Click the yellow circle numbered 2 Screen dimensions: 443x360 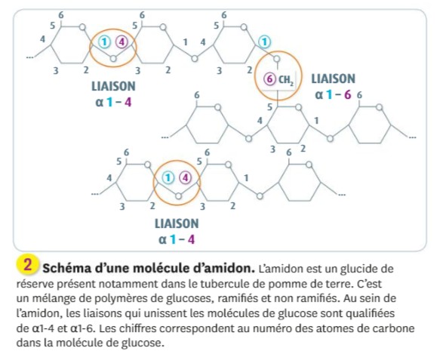(27, 265)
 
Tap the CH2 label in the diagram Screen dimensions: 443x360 (286, 80)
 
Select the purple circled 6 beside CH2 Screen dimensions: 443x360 (269, 79)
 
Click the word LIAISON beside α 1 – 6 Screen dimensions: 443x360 (333, 78)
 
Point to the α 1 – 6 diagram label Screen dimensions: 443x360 (333, 95)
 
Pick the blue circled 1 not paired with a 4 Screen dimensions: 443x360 (264, 42)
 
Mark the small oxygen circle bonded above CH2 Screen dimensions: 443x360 (277, 59)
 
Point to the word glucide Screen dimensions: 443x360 (358, 269)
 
